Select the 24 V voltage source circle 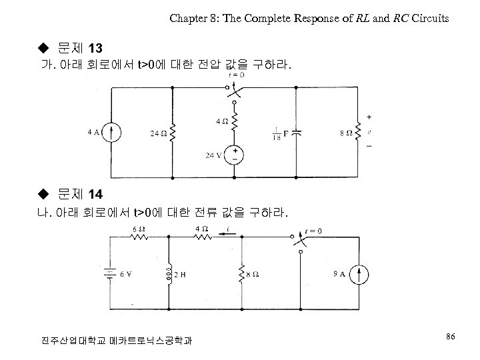coord(236,156)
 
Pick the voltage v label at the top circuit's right coord(369,132)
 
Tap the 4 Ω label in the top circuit coord(221,121)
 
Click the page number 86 coord(450,338)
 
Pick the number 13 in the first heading coord(94,49)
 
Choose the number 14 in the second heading coord(94,195)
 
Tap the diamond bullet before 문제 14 coord(44,195)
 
